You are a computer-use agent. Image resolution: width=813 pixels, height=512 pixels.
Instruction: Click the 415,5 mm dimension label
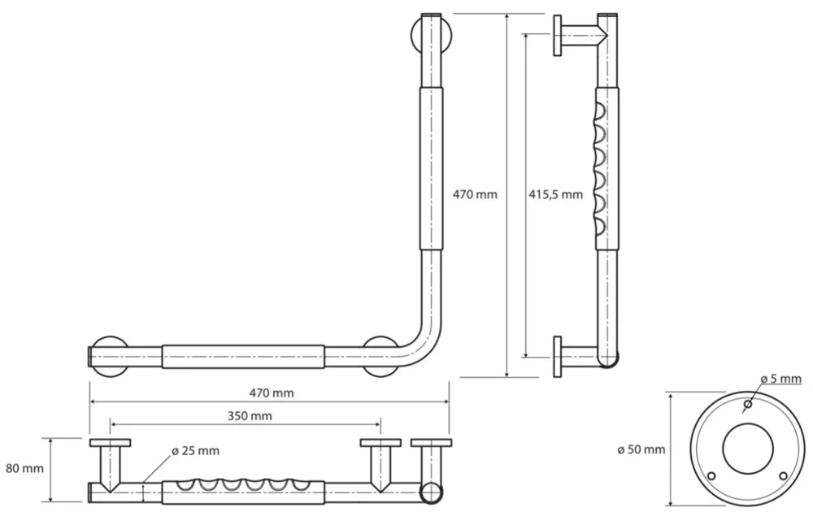tap(555, 194)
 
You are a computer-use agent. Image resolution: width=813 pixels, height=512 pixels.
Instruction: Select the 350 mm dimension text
tap(250, 415)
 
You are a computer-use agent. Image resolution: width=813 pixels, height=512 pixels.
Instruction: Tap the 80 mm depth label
tap(24, 468)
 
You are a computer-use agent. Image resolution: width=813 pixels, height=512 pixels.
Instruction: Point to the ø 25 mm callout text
tap(195, 451)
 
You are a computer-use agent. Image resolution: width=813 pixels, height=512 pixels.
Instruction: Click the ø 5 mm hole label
tap(780, 379)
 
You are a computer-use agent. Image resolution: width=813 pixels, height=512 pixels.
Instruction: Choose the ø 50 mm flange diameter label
tap(641, 449)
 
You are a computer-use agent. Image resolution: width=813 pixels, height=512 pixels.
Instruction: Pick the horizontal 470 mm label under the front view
tap(272, 393)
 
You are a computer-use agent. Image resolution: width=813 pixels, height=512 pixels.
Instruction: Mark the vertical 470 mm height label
tap(475, 194)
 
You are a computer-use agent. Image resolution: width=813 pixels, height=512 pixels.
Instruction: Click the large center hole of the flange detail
tap(748, 449)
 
